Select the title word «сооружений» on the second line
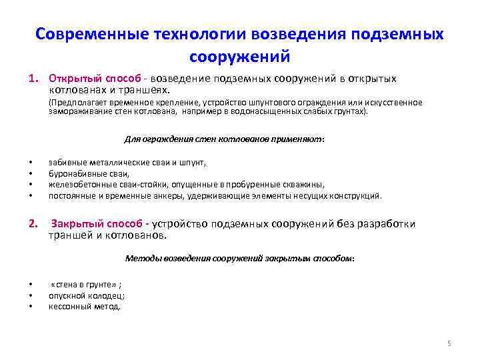[240, 56]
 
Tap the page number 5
[449, 343]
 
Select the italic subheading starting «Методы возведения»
[240, 258]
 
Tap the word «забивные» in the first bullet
[66, 162]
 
